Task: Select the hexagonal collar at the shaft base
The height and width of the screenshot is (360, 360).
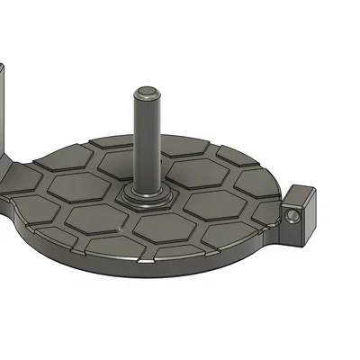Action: [x=144, y=196]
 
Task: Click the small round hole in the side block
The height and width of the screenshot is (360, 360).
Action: [x=295, y=217]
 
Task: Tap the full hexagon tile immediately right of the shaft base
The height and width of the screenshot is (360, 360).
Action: [x=210, y=200]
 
